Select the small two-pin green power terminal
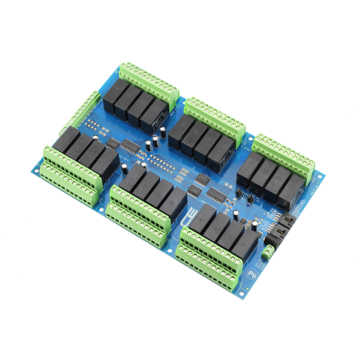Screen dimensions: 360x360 (268, 253)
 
